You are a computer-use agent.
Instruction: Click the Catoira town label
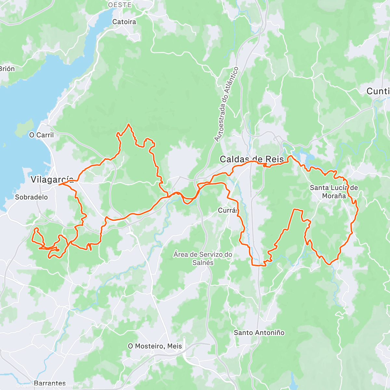click(x=124, y=22)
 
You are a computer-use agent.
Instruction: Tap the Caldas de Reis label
click(x=252, y=159)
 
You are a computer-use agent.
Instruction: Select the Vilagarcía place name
click(x=52, y=179)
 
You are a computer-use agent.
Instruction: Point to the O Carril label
click(x=41, y=135)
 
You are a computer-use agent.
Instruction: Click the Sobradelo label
click(x=31, y=197)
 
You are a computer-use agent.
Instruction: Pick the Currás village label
click(x=228, y=211)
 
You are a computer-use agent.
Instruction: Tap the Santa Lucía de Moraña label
click(x=334, y=192)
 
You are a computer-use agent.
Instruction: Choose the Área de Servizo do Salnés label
click(x=203, y=258)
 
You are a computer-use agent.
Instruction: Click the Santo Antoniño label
click(x=259, y=332)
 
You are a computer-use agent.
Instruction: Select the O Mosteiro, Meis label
click(x=155, y=346)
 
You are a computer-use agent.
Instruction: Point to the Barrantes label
click(x=50, y=383)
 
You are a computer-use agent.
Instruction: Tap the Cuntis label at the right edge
click(x=378, y=91)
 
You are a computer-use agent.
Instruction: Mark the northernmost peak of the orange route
click(x=129, y=124)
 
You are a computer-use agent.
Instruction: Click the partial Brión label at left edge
click(x=7, y=69)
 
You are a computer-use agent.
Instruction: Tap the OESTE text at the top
click(x=120, y=5)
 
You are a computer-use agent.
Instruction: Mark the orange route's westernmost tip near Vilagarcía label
click(x=59, y=184)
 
